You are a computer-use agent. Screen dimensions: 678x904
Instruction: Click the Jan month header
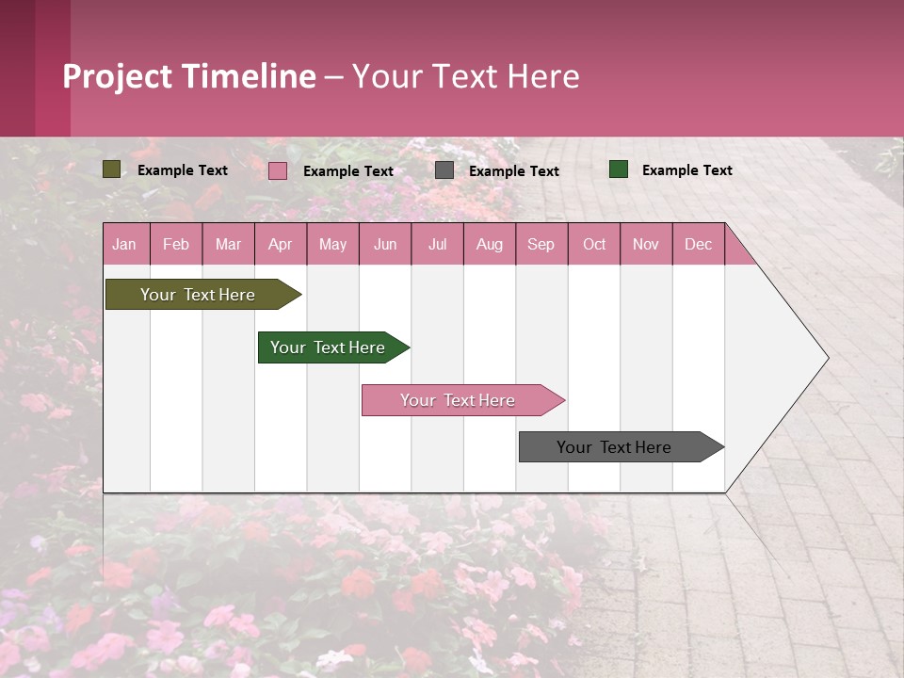(124, 244)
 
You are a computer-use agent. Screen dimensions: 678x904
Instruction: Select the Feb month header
(176, 244)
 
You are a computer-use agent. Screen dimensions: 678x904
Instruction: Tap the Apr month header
(280, 244)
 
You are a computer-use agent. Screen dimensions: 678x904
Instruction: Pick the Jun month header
(385, 244)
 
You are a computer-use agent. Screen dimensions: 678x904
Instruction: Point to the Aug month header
(489, 244)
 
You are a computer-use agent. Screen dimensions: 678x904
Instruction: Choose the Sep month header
(541, 244)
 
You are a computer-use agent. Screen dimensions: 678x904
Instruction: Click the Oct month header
(594, 244)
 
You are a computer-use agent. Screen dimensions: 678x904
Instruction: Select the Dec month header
(698, 244)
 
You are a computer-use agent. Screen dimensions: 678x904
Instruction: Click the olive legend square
(112, 169)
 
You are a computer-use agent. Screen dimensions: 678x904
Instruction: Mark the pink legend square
(278, 170)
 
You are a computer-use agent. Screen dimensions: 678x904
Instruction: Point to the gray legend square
(444, 170)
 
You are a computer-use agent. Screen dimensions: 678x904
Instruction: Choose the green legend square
(619, 169)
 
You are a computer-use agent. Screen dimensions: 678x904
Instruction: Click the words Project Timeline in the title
(189, 76)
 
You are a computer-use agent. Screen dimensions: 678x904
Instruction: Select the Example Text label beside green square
(687, 170)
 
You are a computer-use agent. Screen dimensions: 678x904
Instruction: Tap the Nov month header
(646, 244)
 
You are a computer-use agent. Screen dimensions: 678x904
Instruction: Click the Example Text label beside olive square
(183, 170)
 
